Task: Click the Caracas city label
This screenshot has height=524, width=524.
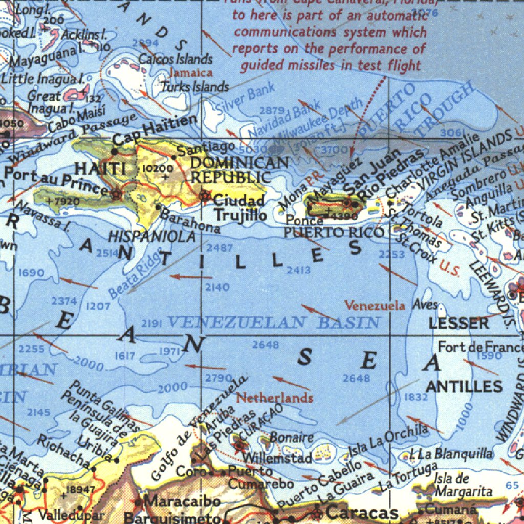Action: pyautogui.click(x=362, y=512)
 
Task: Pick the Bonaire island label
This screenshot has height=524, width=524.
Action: pyautogui.click(x=291, y=438)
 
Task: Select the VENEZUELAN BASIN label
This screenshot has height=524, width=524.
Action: pyautogui.click(x=273, y=322)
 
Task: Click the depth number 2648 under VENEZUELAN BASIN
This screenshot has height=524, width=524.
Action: pyautogui.click(x=265, y=345)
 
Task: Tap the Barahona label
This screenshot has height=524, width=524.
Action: pyautogui.click(x=189, y=221)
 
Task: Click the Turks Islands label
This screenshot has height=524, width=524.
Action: pyautogui.click(x=195, y=86)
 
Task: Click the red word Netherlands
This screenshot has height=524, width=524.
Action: pyautogui.click(x=274, y=398)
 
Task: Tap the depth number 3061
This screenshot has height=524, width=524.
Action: pyautogui.click(x=451, y=133)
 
